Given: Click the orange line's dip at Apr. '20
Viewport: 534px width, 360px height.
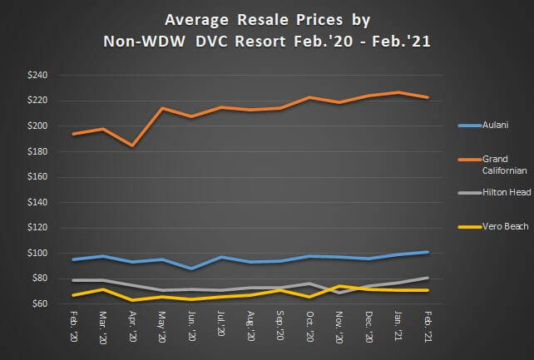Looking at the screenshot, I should point(132,145).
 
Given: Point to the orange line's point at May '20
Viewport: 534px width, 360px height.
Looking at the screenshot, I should point(162,108).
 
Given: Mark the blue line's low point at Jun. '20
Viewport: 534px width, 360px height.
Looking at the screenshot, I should point(192,269).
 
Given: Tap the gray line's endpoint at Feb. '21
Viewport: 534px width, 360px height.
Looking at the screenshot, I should point(429,278).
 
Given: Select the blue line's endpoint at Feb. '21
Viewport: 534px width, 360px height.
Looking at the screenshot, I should point(429,251).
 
